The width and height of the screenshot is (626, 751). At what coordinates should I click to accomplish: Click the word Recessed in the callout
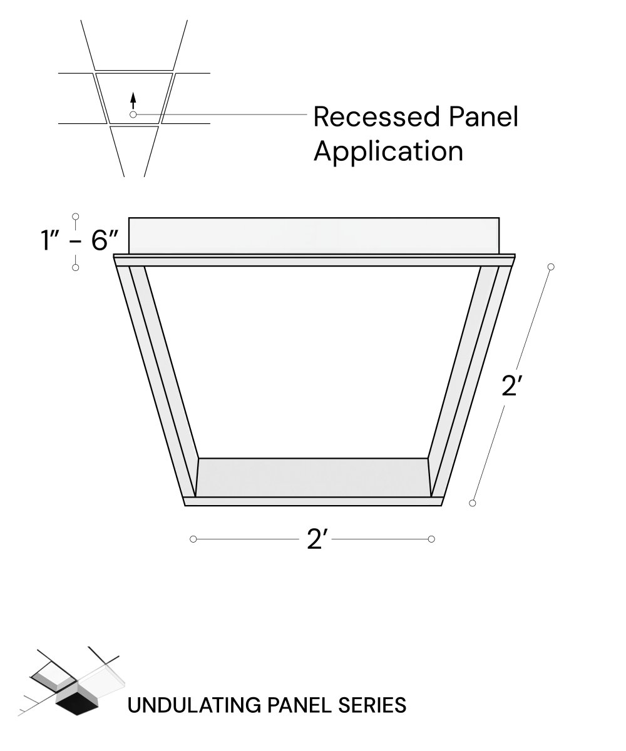pyautogui.click(x=376, y=116)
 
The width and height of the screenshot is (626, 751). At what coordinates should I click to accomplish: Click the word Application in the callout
pyautogui.click(x=388, y=152)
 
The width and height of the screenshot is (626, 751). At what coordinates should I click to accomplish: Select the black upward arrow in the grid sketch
pyautogui.click(x=133, y=101)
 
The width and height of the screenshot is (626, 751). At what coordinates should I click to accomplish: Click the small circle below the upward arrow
pyautogui.click(x=133, y=115)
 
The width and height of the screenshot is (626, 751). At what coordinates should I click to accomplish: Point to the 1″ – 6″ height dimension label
pyautogui.click(x=79, y=240)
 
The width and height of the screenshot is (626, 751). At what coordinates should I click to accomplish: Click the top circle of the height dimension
pyautogui.click(x=76, y=217)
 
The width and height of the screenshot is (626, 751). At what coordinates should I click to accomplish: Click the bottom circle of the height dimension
pyautogui.click(x=76, y=268)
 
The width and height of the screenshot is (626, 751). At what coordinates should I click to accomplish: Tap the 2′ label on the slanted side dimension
pyautogui.click(x=511, y=386)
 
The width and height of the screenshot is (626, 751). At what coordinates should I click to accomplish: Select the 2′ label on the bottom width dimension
pyautogui.click(x=317, y=539)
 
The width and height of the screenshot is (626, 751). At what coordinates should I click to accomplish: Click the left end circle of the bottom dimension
pyautogui.click(x=193, y=539)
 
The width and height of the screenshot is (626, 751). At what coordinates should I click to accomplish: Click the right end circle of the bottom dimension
pyautogui.click(x=431, y=539)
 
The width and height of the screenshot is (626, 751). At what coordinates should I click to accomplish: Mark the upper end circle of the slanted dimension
pyautogui.click(x=551, y=267)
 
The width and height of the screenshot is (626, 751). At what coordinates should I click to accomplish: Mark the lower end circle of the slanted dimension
pyautogui.click(x=473, y=503)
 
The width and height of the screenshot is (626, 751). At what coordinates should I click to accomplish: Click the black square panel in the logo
pyautogui.click(x=77, y=705)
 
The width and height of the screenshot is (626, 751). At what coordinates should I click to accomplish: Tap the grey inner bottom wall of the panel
pyautogui.click(x=313, y=478)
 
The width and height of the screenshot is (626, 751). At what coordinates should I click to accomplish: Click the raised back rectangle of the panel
pyautogui.click(x=314, y=235)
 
